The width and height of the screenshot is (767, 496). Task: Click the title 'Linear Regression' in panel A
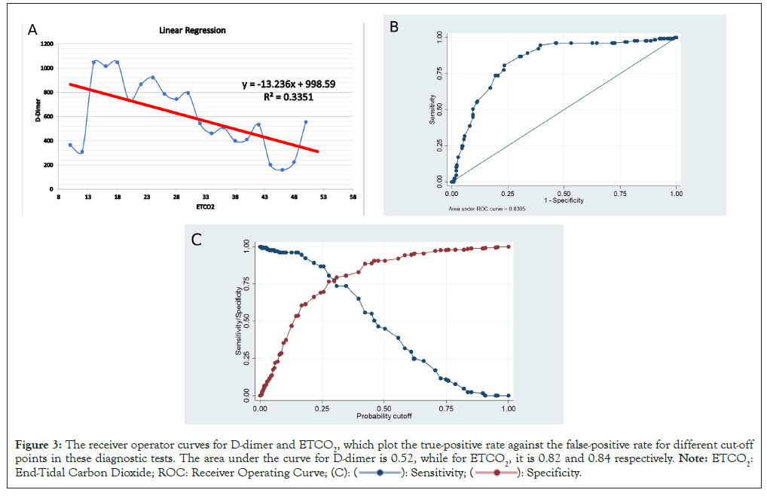coord(192,31)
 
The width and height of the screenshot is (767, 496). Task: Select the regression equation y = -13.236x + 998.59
coord(290,84)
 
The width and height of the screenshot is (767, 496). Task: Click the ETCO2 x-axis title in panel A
coord(205,206)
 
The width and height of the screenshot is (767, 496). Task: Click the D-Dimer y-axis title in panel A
coord(35,117)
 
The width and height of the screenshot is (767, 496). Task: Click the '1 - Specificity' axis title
coord(563,201)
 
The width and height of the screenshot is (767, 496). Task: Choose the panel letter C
coord(196,240)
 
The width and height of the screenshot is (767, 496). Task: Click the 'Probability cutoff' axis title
coord(383,415)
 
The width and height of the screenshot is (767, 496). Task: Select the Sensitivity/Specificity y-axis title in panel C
coord(238,321)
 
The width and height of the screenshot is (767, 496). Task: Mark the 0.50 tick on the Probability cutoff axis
coord(383,406)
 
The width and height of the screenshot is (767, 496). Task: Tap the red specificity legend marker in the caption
coord(493,473)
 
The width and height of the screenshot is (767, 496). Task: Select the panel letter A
coord(32,29)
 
